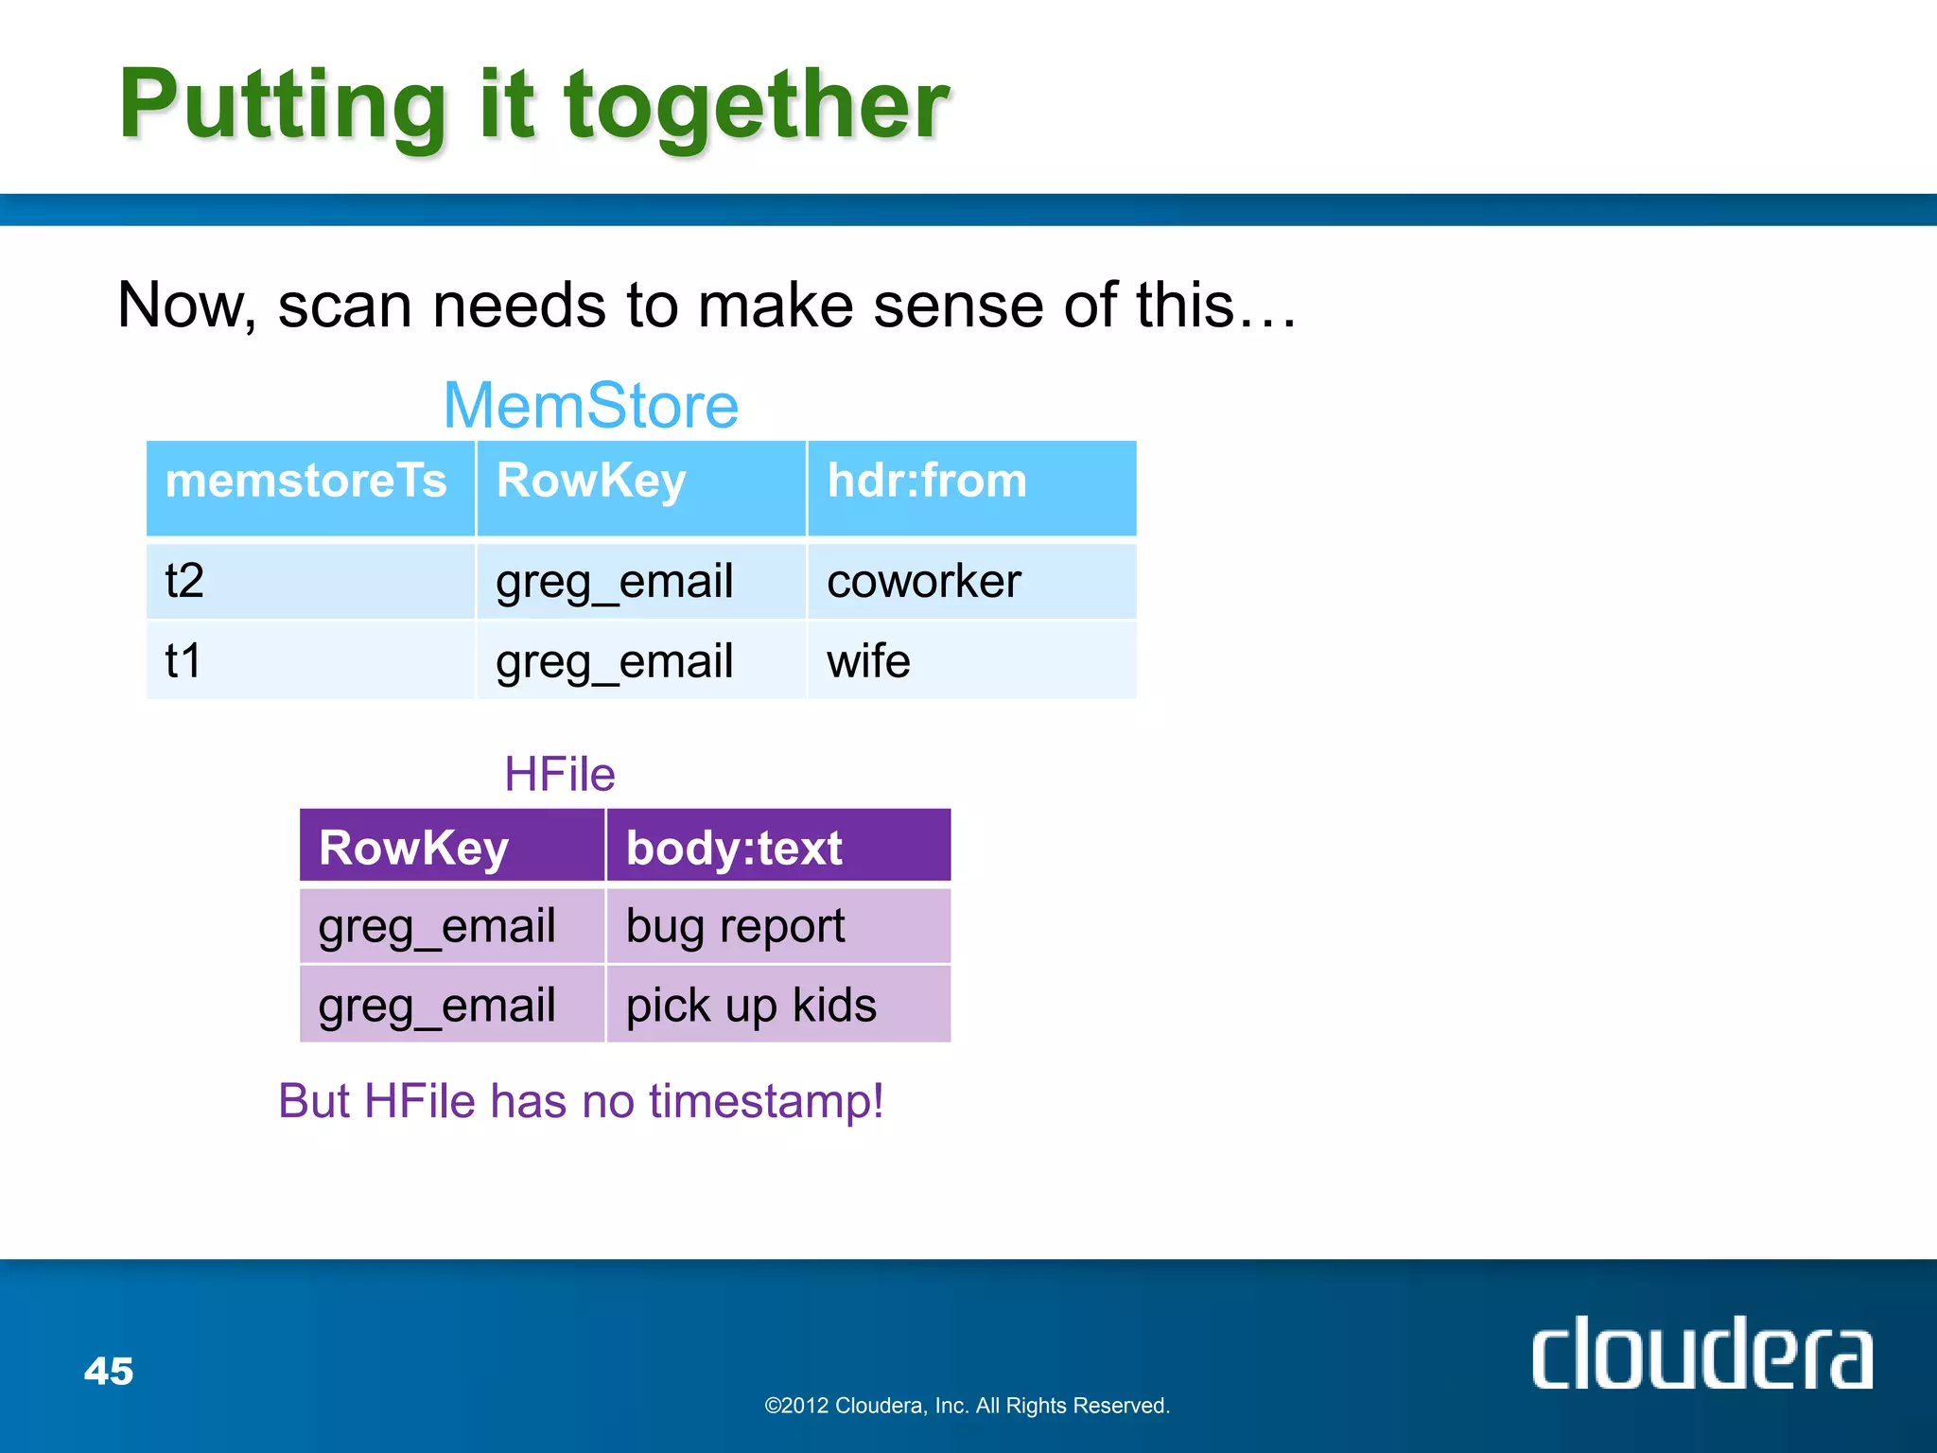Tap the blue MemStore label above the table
tap(591, 405)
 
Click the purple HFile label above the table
tap(560, 774)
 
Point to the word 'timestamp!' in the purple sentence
tap(766, 1101)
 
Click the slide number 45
tap(109, 1371)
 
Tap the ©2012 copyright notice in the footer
tap(967, 1406)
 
